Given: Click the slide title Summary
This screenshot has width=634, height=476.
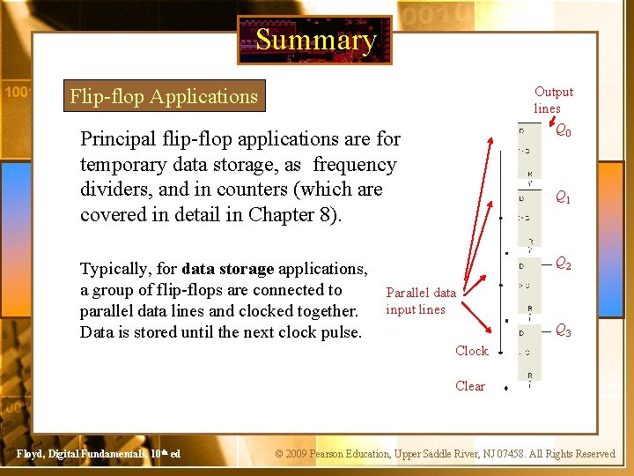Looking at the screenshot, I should (315, 40).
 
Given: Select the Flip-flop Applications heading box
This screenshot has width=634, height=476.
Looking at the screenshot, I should (164, 96).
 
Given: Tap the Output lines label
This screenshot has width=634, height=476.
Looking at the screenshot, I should (553, 100).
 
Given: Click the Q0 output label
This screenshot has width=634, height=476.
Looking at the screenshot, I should (563, 131).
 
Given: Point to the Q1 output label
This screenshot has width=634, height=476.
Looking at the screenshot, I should (563, 198).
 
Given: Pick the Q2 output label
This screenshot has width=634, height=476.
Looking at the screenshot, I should (563, 264).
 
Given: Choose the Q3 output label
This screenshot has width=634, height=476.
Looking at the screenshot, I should (563, 331).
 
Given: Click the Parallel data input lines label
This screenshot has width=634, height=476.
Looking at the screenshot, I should (421, 301).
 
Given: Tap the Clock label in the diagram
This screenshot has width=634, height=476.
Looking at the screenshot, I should (471, 351).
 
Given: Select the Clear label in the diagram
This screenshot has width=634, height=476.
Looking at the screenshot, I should (470, 386).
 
